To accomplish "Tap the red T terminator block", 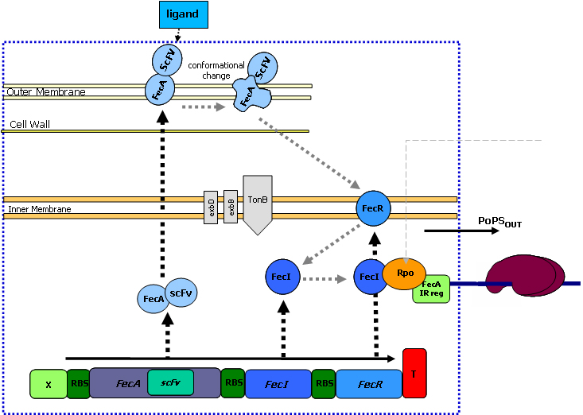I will point(414,372).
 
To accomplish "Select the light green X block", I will point(49,384).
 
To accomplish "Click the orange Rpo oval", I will point(405,272).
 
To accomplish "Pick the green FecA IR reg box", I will point(431,289).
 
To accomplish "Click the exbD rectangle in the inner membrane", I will point(211,207).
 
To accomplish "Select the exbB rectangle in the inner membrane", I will point(231,207).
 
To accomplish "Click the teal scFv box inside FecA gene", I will point(170,382).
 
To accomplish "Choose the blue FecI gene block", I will point(277,384).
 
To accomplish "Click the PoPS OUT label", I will point(499,220).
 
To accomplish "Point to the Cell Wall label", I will point(29,125).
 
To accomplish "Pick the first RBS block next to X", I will point(78,383).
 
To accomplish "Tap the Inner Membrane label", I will point(40,210).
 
